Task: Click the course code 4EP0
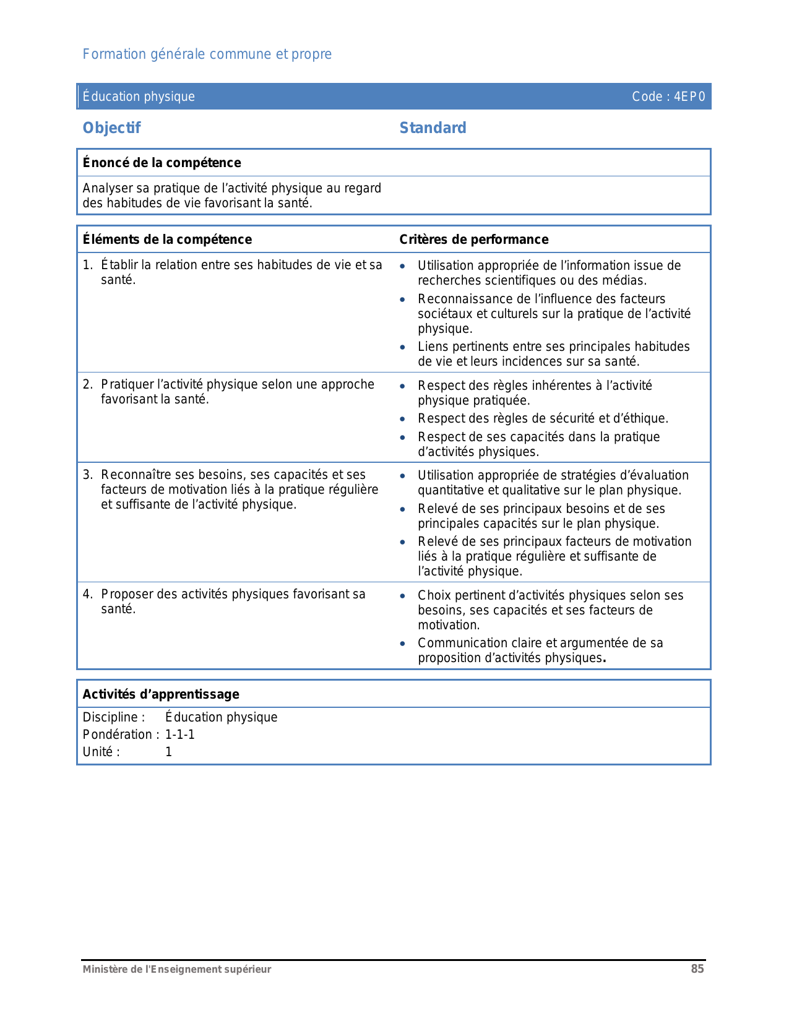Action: (689, 97)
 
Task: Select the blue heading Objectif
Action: (112, 128)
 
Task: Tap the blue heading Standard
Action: (433, 128)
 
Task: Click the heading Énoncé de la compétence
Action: (162, 163)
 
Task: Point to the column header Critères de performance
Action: (473, 239)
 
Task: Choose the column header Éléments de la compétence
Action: (167, 239)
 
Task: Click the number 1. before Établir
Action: (88, 265)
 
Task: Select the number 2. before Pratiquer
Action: (88, 385)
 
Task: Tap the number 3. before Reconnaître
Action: (88, 475)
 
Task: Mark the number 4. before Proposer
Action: (88, 595)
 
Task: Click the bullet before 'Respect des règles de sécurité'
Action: (403, 420)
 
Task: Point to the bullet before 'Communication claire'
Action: (403, 644)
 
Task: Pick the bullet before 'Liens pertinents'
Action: (403, 348)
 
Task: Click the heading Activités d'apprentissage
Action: (161, 694)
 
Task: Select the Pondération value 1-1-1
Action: (180, 735)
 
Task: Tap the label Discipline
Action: (113, 718)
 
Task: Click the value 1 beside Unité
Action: (169, 752)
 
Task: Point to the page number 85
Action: (697, 969)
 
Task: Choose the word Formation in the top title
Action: (114, 54)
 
